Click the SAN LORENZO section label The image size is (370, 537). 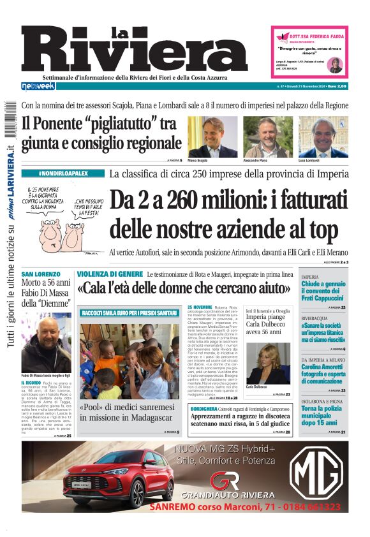pos(41,274)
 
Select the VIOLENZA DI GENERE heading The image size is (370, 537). pos(110,274)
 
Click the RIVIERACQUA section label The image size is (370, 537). pos(317,317)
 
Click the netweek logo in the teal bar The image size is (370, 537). pos(38,85)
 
